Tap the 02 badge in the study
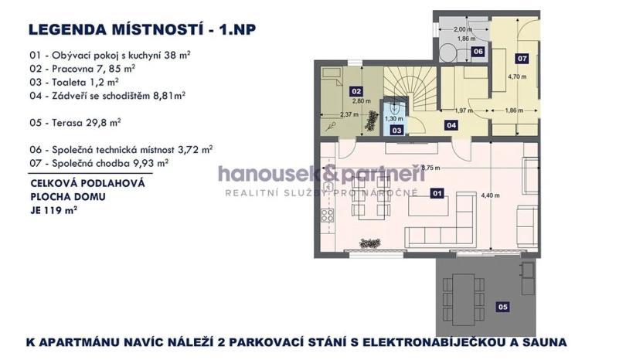pos(357,90)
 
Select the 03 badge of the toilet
pos(396,131)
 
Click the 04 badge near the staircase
pos(451,125)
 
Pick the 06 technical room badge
pos(478,52)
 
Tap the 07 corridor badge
pos(522,58)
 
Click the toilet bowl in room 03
pos(395,109)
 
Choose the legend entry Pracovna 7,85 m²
pos(82,68)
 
